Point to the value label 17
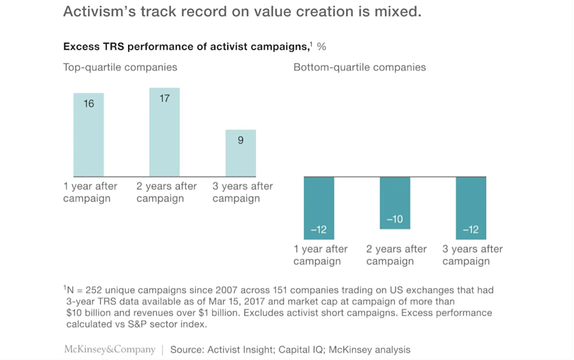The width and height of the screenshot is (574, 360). (x=165, y=99)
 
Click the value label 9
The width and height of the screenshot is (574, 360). (x=240, y=140)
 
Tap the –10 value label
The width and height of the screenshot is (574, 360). (x=395, y=220)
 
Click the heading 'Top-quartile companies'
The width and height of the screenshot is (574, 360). (x=120, y=67)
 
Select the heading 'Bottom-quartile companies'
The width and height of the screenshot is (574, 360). (x=360, y=67)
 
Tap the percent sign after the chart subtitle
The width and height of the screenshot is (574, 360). (x=321, y=47)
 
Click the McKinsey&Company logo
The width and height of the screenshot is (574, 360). (x=110, y=349)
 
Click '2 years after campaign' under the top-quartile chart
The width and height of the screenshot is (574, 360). (x=167, y=192)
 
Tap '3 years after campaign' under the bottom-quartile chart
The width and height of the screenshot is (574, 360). (x=473, y=255)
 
